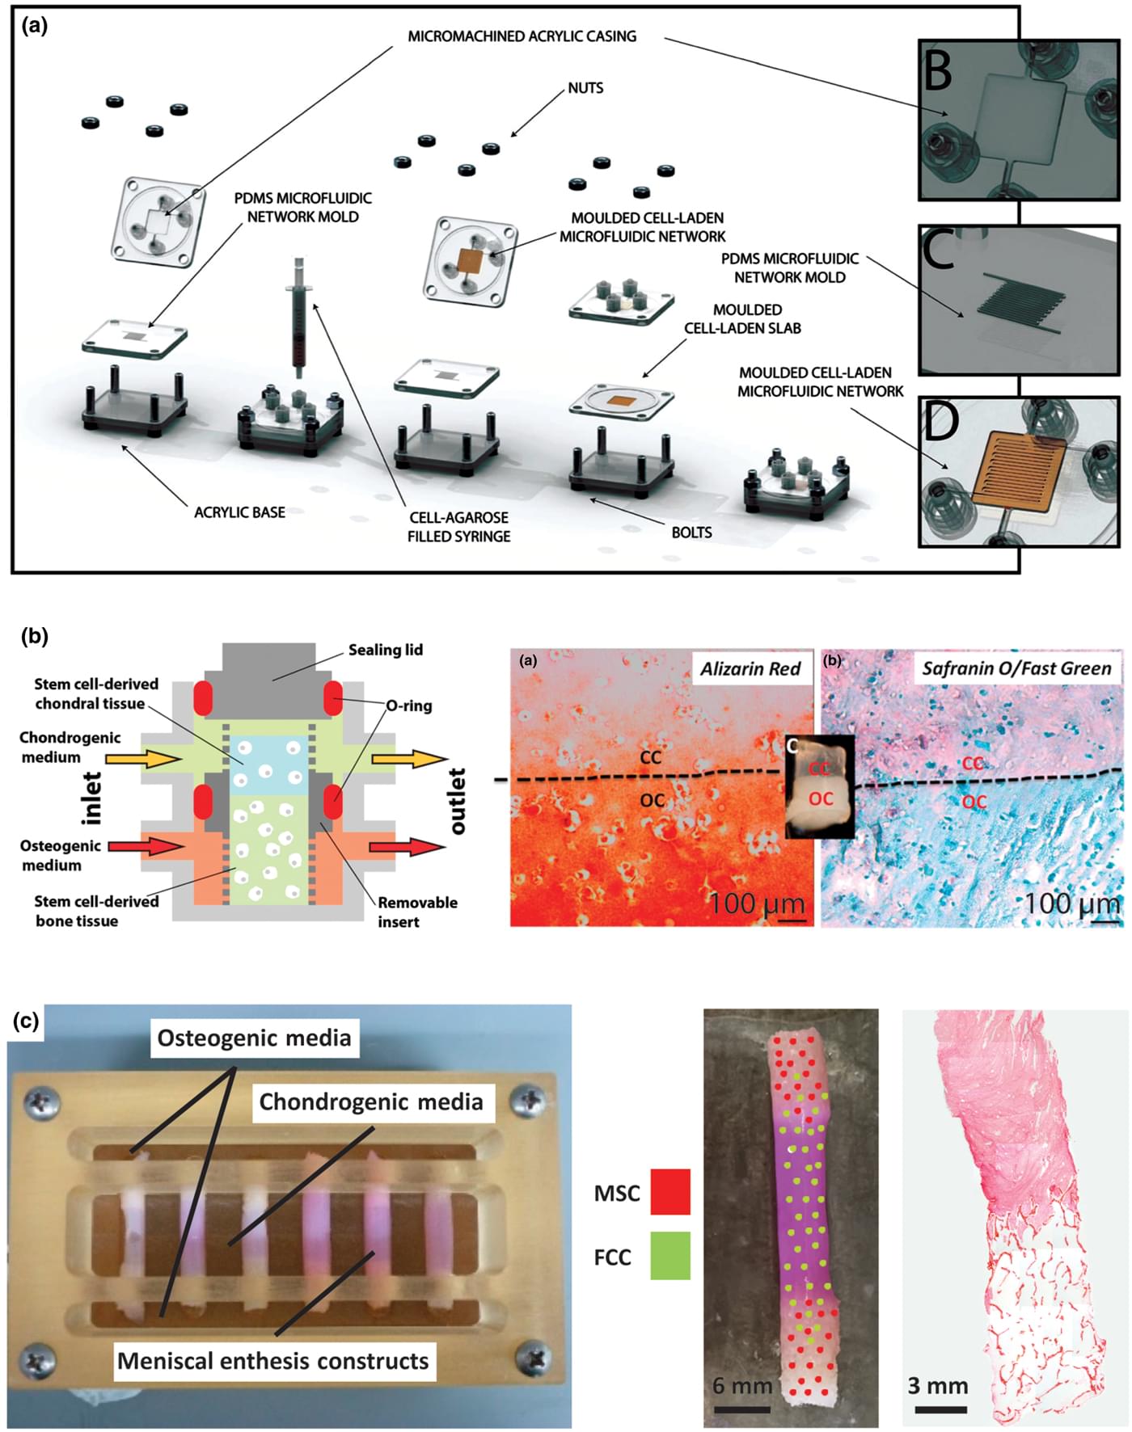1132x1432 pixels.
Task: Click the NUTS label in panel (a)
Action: click(585, 88)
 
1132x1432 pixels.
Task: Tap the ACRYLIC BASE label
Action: click(239, 512)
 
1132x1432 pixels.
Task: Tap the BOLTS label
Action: click(691, 533)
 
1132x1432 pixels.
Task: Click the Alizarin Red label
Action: click(750, 668)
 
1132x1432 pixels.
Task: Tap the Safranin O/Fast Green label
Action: click(1016, 668)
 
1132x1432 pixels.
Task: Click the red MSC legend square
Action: click(670, 1192)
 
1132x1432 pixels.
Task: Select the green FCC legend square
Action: click(670, 1255)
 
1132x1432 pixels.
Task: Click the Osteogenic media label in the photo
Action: click(254, 1038)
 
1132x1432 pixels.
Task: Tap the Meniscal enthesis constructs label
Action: click(272, 1361)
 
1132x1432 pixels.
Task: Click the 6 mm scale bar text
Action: click(742, 1386)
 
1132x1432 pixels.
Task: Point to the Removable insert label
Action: click(417, 912)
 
